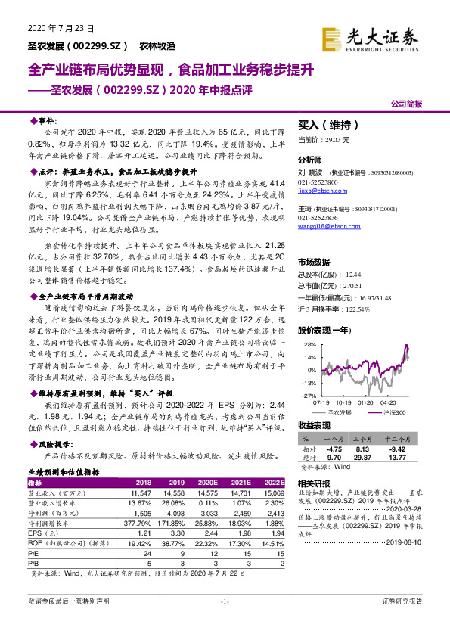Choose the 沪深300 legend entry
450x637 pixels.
(394, 412)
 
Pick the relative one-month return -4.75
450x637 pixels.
(335, 448)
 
